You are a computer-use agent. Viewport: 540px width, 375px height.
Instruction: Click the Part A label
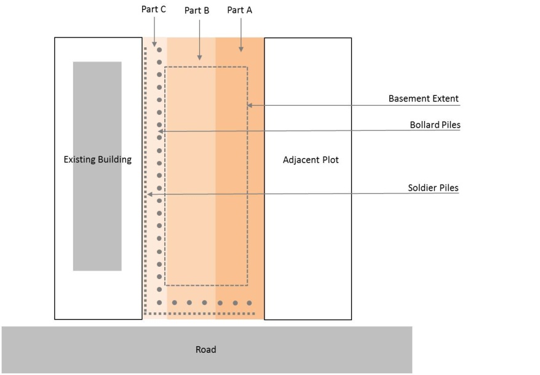pos(239,10)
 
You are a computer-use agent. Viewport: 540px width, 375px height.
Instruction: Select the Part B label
pos(197,11)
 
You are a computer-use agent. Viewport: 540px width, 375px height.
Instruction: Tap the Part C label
pos(154,9)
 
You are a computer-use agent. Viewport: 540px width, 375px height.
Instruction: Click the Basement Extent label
pos(423,98)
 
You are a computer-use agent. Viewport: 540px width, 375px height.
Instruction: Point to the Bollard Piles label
pos(435,125)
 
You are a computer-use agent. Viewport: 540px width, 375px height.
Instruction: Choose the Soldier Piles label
pos(433,187)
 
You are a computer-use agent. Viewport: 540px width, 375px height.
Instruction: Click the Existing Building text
pos(98,160)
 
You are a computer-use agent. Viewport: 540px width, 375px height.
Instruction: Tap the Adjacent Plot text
pos(311,160)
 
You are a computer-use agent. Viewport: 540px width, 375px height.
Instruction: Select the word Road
pos(206,350)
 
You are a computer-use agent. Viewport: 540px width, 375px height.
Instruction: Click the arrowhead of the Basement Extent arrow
pos(250,106)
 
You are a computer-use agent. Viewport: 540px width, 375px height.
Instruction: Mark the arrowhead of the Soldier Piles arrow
pos(148,195)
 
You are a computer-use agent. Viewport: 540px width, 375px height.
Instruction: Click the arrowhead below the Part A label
pos(240,49)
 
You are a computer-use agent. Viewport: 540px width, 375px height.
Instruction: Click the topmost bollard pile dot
pos(159,49)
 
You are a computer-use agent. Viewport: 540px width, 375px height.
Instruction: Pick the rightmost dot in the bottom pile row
pos(249,302)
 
